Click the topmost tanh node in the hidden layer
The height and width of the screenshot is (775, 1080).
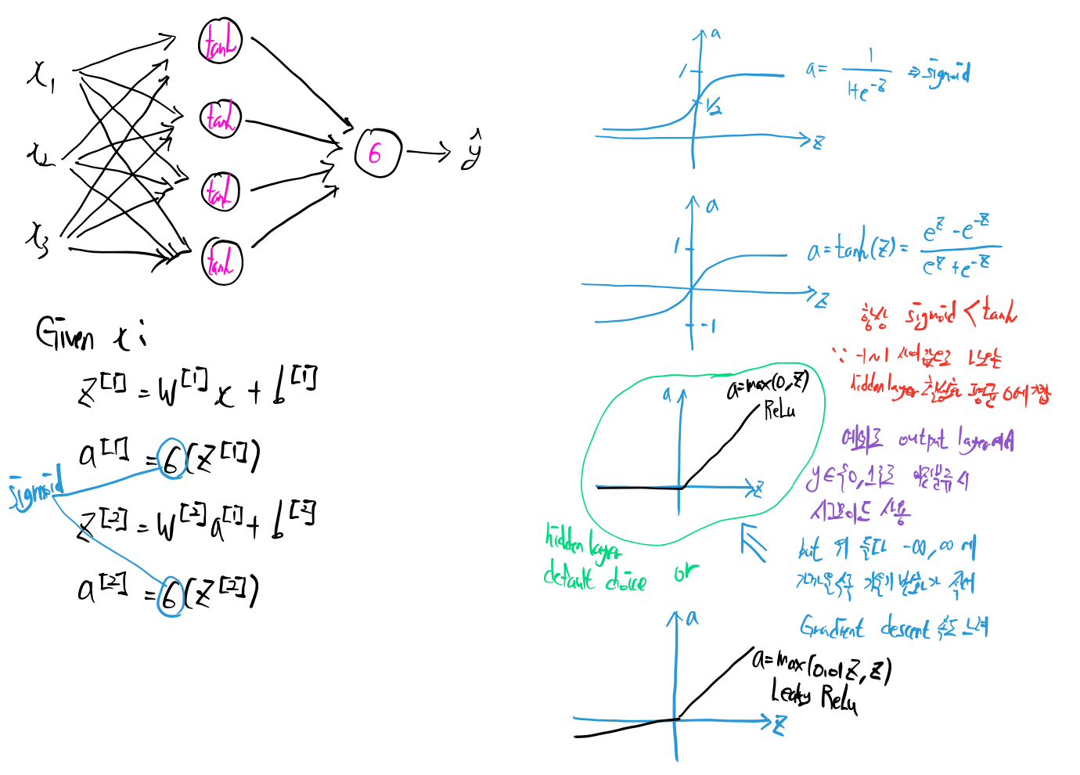(220, 41)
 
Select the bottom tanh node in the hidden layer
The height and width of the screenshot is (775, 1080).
(221, 261)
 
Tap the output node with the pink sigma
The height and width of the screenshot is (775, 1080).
(377, 153)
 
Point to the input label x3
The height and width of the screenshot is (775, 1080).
(37, 239)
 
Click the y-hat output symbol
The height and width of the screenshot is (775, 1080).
(471, 150)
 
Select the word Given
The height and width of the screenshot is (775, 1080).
(65, 334)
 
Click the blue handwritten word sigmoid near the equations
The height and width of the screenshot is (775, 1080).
(35, 489)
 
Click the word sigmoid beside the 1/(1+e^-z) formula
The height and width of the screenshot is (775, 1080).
(946, 74)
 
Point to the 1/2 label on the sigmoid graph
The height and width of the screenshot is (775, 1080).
(713, 107)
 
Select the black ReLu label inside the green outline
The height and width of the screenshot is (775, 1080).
(779, 409)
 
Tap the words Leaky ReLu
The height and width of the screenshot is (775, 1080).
(814, 694)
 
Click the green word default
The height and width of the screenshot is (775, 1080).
(569, 578)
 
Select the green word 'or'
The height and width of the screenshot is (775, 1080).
(686, 573)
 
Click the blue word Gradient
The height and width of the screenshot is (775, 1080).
(832, 627)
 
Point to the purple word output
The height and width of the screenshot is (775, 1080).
(923, 440)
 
